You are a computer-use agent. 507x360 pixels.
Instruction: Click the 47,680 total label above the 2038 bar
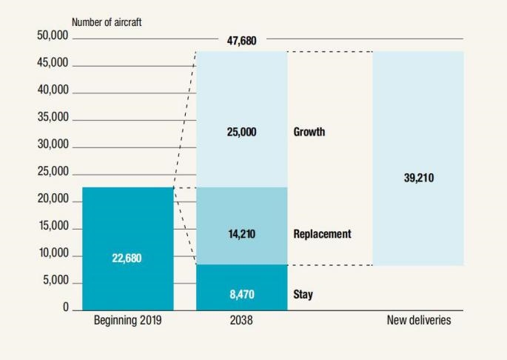[x=241, y=41]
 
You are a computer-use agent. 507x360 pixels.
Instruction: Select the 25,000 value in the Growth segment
[x=241, y=132]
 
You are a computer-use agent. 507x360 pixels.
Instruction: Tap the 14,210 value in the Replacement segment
[x=241, y=234]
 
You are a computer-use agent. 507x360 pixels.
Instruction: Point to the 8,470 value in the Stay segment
[x=241, y=295]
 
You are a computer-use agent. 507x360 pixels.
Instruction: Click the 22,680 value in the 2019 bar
[x=127, y=259]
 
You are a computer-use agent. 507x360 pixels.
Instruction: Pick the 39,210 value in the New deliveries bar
[x=418, y=179]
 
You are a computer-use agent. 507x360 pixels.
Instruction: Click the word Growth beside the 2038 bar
[x=309, y=132]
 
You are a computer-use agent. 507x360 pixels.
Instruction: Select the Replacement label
[x=322, y=234]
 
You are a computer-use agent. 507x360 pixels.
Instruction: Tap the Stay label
[x=303, y=295]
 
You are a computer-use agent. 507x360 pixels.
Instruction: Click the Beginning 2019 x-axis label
[x=127, y=321]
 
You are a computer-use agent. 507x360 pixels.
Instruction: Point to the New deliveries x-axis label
[x=418, y=321]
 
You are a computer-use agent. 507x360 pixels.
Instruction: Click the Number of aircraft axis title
[x=106, y=22]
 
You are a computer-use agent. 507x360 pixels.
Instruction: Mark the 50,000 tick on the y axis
[x=53, y=36]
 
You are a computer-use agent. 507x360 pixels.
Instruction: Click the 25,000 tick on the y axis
[x=53, y=172]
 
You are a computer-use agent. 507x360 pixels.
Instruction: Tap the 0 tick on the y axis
[x=65, y=307]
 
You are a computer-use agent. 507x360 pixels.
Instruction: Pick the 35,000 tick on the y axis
[x=53, y=117]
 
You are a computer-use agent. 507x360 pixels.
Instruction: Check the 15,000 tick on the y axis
[x=53, y=227]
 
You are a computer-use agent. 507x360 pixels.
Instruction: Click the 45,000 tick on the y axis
[x=53, y=63]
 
